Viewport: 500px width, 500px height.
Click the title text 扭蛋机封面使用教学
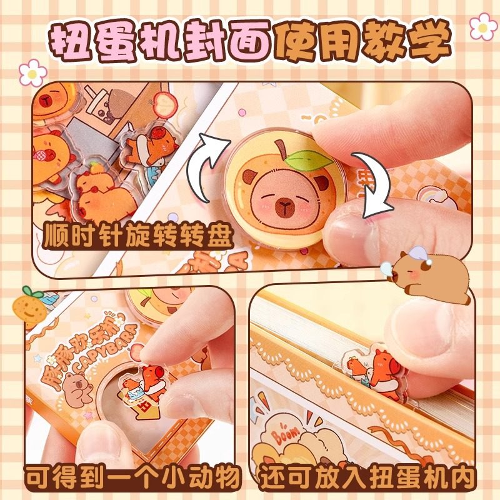point(250,39)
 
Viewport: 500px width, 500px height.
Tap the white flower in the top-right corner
point(483,26)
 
